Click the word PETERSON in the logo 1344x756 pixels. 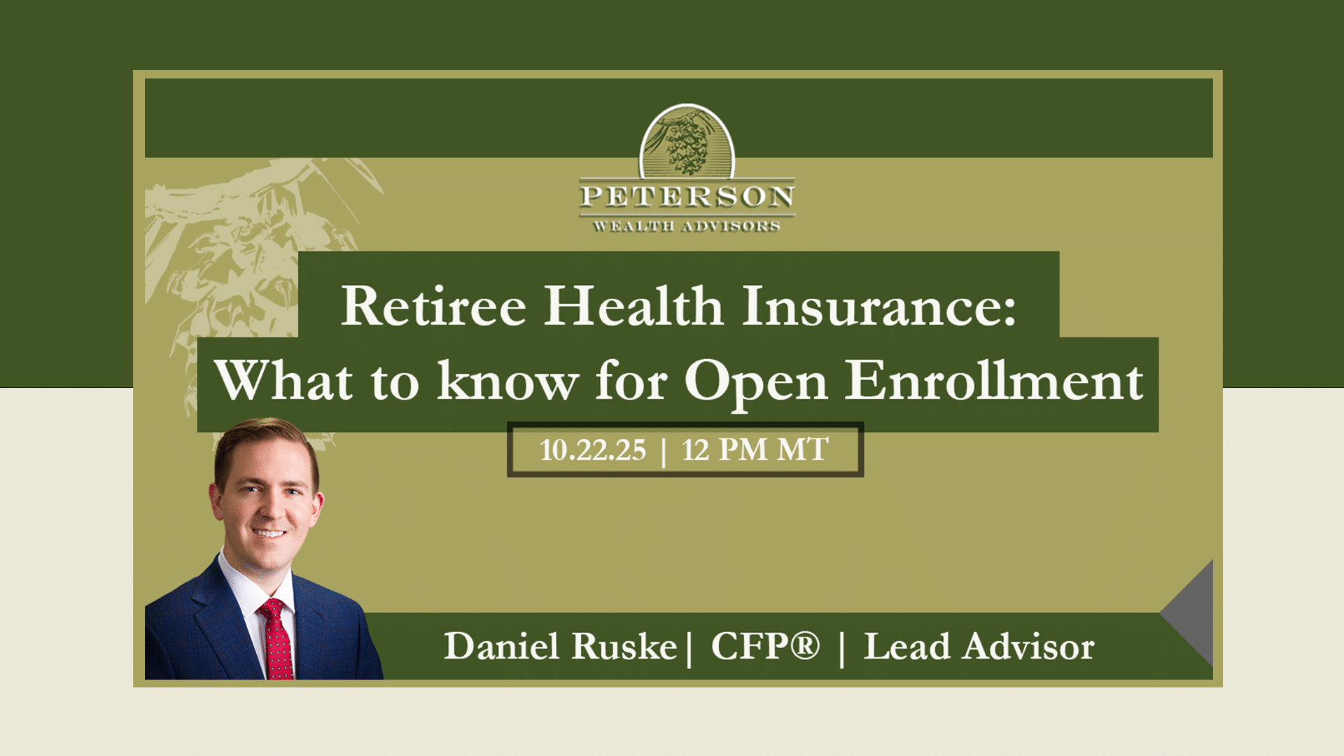click(687, 197)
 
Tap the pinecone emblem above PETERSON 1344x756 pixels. click(687, 141)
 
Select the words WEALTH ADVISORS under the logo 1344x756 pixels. click(687, 226)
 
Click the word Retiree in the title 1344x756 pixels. click(433, 306)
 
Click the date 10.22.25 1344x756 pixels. click(593, 450)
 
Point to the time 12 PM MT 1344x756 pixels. click(755, 450)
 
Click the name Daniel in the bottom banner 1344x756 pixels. click(501, 645)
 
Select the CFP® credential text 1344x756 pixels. click(765, 645)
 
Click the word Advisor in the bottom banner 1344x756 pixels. click(1028, 645)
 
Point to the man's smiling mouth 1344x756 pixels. click(269, 533)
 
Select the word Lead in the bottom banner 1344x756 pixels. click(906, 645)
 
